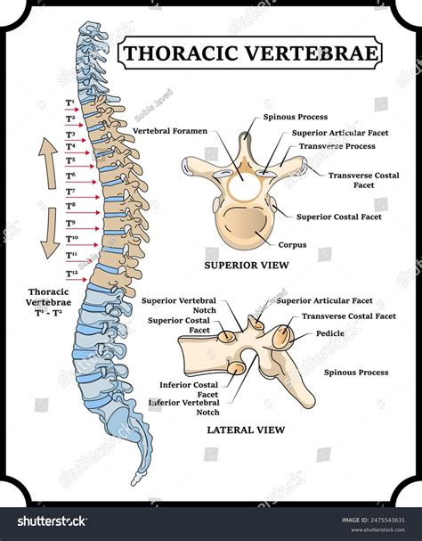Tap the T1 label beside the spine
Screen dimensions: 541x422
(x=69, y=104)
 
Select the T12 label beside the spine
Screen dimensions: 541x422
(x=71, y=272)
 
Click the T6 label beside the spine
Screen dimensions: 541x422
(x=70, y=177)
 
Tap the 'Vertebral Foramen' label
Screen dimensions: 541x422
(x=170, y=131)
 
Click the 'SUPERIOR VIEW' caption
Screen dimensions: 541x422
(x=243, y=266)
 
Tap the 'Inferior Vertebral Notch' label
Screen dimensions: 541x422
(x=183, y=407)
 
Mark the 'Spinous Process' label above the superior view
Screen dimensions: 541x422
(x=295, y=117)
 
